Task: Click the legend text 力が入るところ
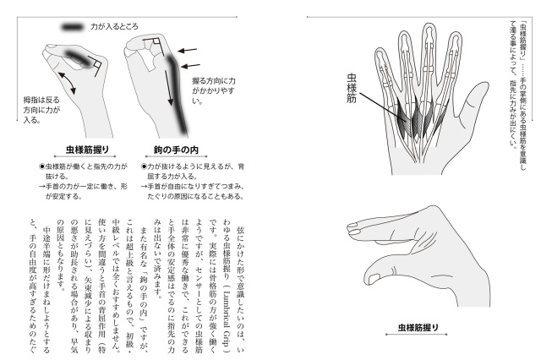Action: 115,27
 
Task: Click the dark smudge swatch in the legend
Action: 72,27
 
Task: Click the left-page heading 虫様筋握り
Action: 87,150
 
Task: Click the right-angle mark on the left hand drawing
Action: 96,64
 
